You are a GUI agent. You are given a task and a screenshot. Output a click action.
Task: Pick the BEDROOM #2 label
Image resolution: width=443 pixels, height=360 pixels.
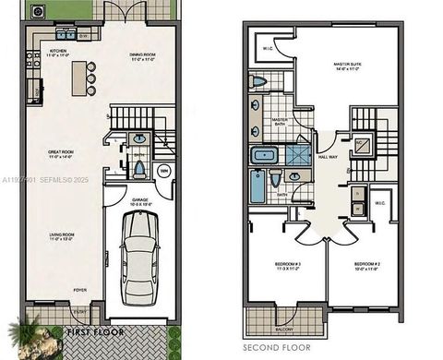pyautogui.click(x=366, y=263)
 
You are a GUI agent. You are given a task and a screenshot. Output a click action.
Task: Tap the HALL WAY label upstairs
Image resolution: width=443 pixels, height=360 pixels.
pyautogui.click(x=328, y=158)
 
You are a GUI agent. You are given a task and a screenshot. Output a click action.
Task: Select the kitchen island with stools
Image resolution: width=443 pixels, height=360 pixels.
pyautogui.click(x=84, y=78)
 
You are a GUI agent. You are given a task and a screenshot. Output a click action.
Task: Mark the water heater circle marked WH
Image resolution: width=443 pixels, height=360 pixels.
pyautogui.click(x=163, y=171)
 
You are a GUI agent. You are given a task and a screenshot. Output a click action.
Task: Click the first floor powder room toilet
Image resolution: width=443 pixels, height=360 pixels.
pyautogui.click(x=138, y=170)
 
